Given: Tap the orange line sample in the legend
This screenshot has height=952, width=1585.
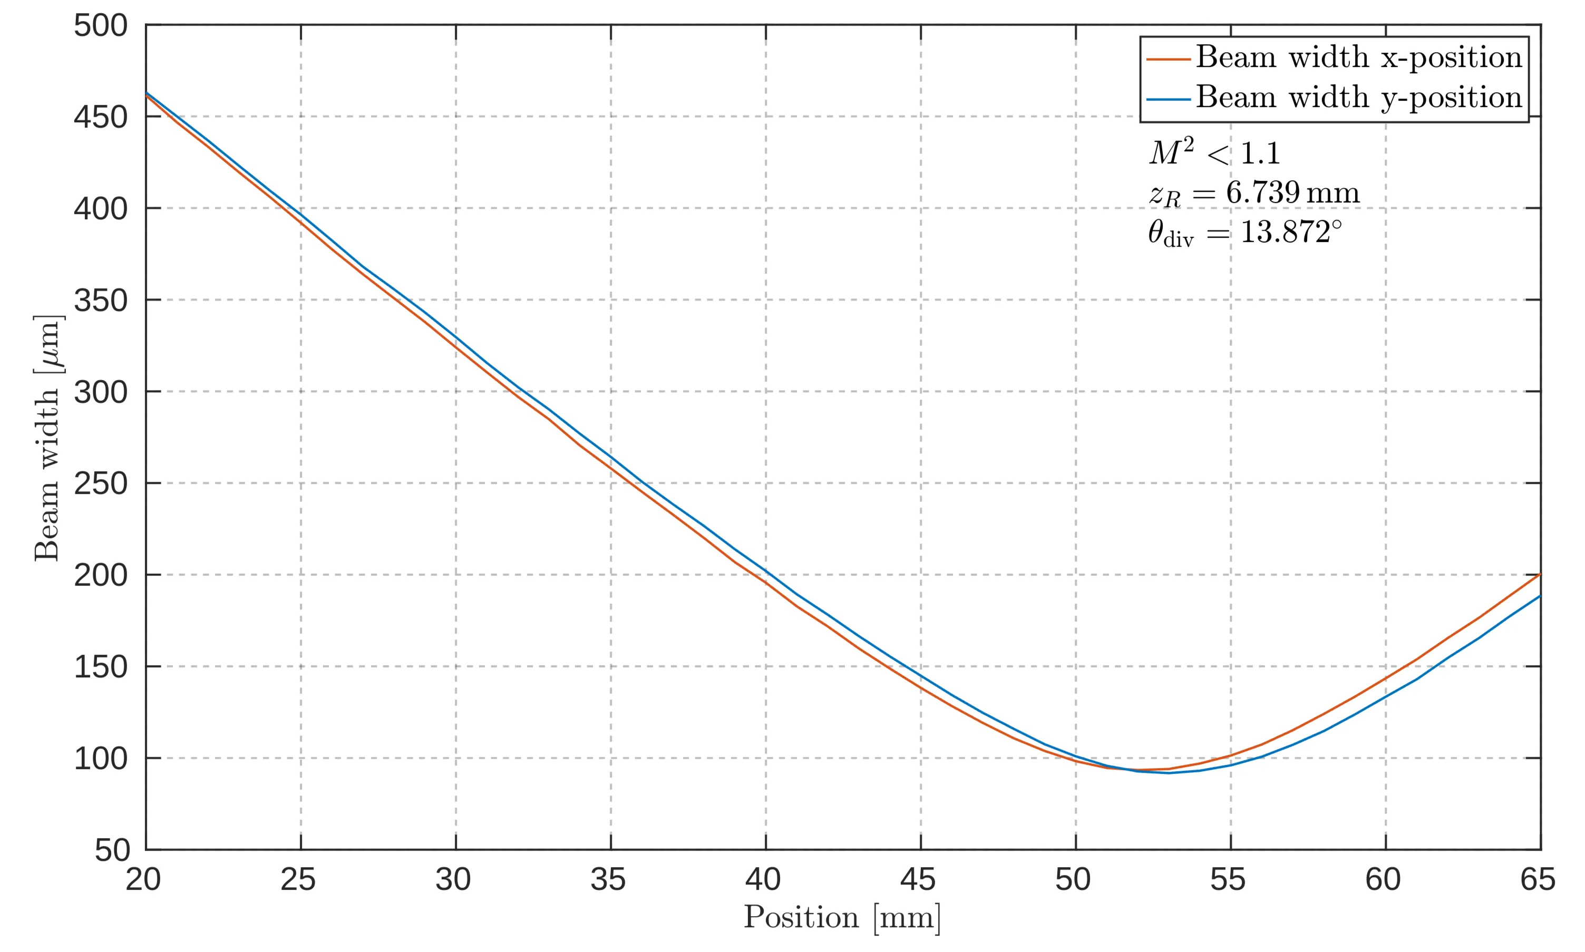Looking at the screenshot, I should click(1169, 59).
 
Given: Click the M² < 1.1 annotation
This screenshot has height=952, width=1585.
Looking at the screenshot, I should click(1214, 153).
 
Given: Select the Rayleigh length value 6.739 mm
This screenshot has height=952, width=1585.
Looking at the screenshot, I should click(1292, 192).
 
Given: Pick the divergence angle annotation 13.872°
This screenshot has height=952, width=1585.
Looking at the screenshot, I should click(1290, 232).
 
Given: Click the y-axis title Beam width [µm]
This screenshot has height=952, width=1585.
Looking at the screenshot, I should click(48, 439).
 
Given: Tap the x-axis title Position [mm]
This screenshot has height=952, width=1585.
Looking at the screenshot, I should click(842, 917).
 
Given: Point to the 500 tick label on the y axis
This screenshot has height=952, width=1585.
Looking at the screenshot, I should click(101, 27).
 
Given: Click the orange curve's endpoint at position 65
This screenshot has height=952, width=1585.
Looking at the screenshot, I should click(1540, 574).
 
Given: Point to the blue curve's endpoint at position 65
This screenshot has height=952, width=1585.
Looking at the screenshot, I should click(1540, 596).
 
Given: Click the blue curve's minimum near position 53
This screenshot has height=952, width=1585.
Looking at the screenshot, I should click(1169, 773).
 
